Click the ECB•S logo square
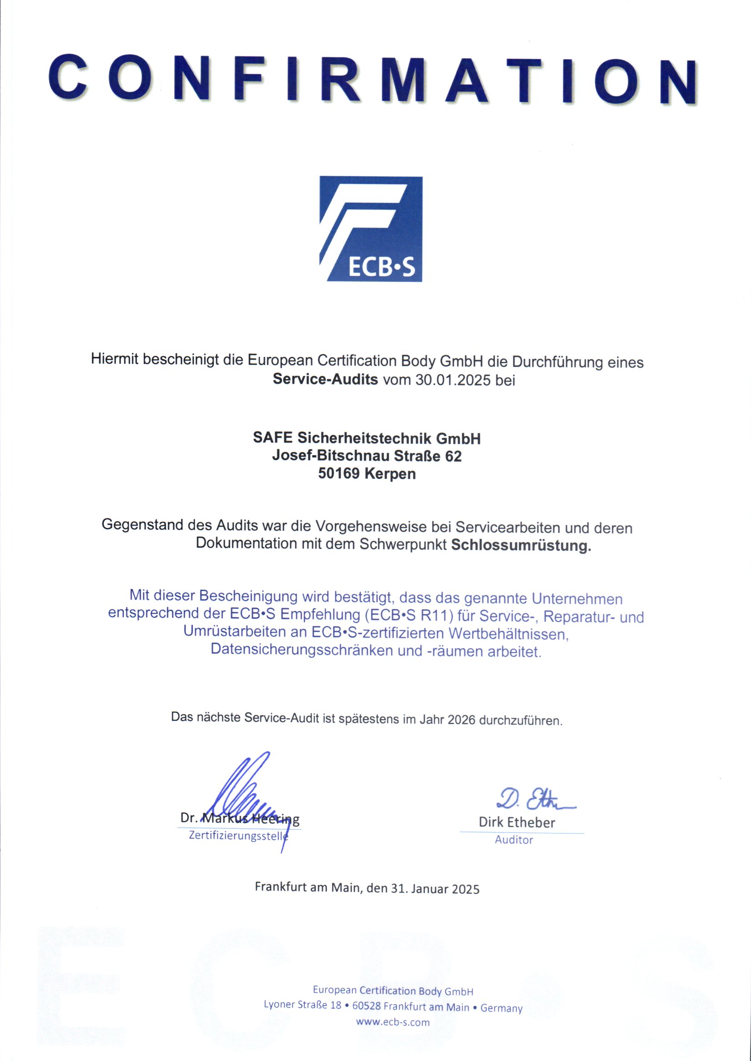(x=371, y=228)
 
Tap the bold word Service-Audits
(x=325, y=379)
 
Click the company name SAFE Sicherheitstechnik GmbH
(x=367, y=438)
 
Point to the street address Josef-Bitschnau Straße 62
(x=367, y=456)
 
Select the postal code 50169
(x=338, y=474)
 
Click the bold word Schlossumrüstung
(x=521, y=546)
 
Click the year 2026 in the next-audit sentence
(x=462, y=721)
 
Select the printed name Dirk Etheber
(x=517, y=822)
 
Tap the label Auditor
(x=514, y=840)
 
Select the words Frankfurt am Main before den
(x=307, y=888)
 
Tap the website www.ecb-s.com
(x=393, y=1022)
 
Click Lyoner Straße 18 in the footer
(x=302, y=1005)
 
